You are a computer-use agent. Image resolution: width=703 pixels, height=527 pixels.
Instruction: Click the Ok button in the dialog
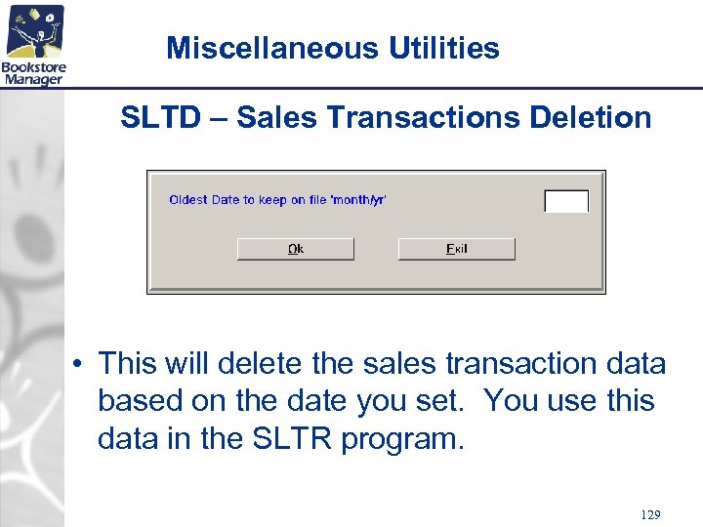coord(295,249)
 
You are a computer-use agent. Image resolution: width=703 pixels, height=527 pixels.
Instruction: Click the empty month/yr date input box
coord(565,201)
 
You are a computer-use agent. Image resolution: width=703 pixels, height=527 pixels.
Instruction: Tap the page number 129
coord(650,513)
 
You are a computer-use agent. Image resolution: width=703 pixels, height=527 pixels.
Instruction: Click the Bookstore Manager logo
coord(33,44)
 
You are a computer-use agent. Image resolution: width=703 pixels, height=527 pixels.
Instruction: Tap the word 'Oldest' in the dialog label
coord(188,200)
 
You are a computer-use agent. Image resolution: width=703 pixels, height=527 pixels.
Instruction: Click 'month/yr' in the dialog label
coord(359,200)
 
